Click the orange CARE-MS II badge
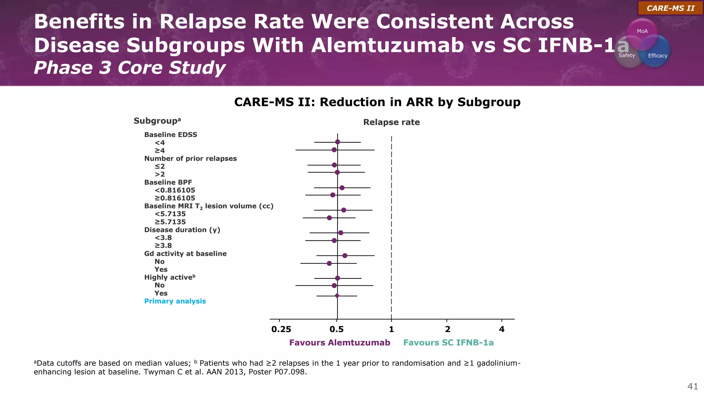670,8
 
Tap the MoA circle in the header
642,31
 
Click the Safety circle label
627,55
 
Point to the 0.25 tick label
281,329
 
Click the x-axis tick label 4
502,329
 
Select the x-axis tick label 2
447,329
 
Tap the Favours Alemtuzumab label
340,343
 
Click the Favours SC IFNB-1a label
448,343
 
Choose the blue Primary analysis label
175,301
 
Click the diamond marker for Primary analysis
337,296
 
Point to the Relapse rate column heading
391,122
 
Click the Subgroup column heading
157,121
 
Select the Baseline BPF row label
168,182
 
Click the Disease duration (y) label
182,230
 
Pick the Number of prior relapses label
190,158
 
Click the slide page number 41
692,386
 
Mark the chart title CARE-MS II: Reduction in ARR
377,102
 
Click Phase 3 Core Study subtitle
130,67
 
